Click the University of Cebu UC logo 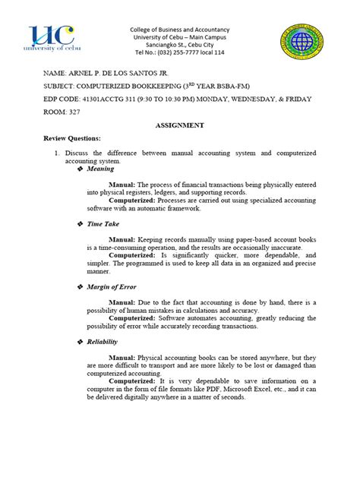click(x=52, y=38)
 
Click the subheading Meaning click(x=99, y=169)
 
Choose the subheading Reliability click(x=103, y=343)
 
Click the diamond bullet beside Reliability click(x=81, y=343)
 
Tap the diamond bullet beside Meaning click(x=81, y=169)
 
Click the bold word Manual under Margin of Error click(x=122, y=302)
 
